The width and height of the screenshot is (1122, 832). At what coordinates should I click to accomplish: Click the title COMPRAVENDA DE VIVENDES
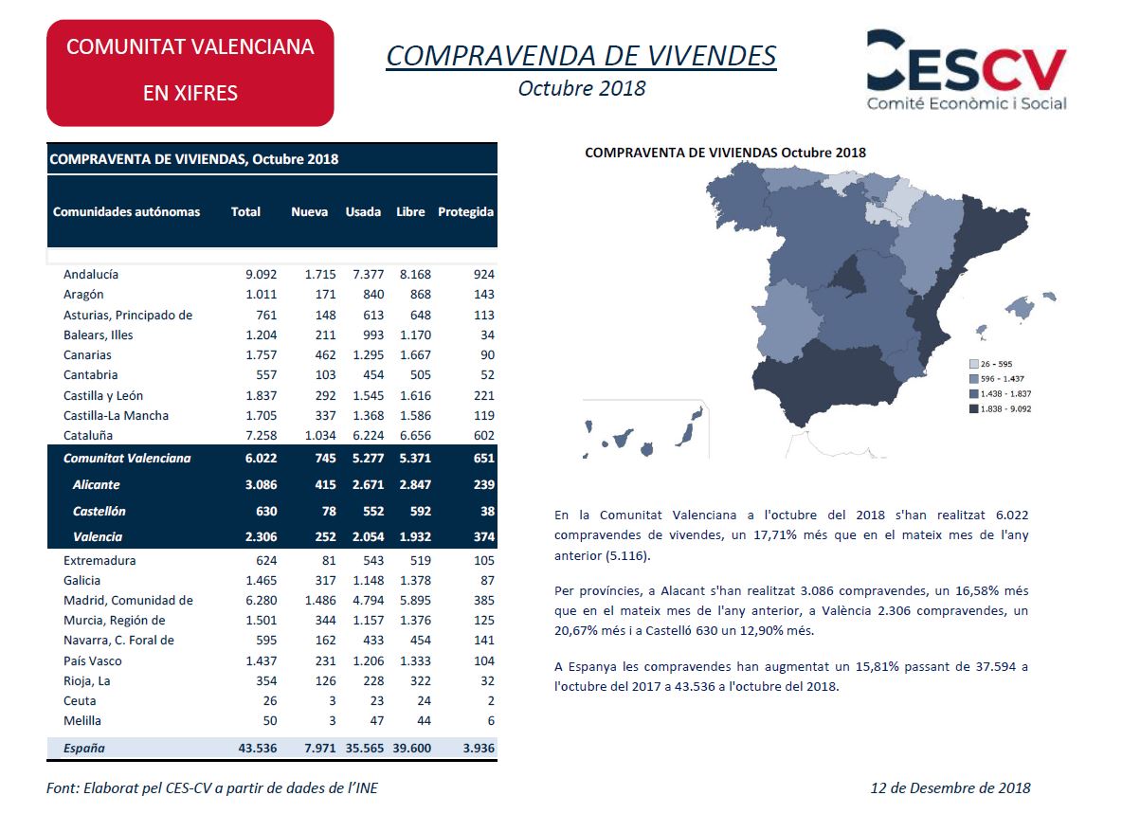tap(581, 56)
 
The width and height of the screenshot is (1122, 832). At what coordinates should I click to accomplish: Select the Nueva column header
tap(309, 211)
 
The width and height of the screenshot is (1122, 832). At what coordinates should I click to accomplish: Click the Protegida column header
tap(465, 211)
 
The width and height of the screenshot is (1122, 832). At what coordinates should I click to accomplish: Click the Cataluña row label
tap(88, 436)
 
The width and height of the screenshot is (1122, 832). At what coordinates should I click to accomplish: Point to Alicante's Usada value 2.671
tap(362, 485)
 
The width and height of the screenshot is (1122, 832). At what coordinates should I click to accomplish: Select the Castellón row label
tap(99, 512)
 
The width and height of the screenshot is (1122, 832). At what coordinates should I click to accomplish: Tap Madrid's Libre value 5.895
tap(413, 601)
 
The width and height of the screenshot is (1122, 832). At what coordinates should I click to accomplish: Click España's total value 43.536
tap(258, 749)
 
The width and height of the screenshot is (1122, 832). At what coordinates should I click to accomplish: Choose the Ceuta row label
tap(80, 701)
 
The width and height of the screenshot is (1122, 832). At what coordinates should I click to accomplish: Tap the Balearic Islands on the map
tap(1019, 308)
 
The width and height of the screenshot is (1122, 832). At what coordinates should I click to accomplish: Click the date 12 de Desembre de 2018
tap(950, 787)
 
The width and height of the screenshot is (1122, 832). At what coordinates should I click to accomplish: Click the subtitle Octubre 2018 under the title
tap(581, 89)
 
